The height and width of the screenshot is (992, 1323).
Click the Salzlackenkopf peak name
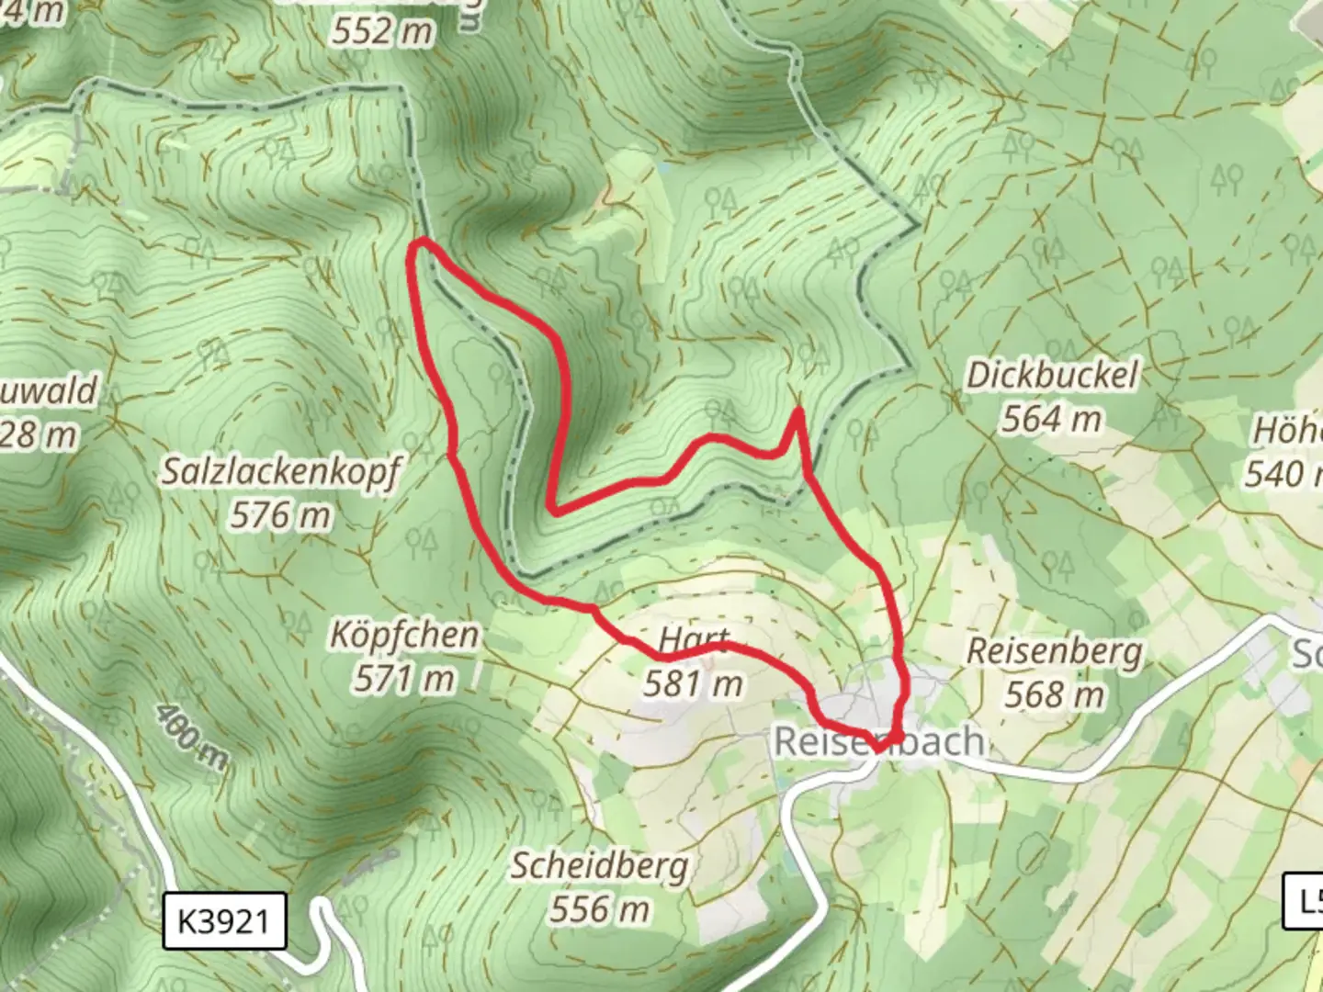pos(281,472)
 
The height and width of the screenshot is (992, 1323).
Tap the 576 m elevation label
pos(280,515)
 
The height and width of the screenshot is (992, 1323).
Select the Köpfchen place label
pos(404,635)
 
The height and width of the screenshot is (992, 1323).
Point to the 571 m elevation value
pos(404,679)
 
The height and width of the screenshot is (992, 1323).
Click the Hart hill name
pos(695,639)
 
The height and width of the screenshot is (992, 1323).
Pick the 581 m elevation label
pos(693,683)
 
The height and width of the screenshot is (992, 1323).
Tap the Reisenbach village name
pos(879,741)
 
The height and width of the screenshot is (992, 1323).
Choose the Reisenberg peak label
pos(1055,651)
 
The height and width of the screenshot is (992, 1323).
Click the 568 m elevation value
pos(1054,694)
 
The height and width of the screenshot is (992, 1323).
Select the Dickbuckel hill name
pos(1051,376)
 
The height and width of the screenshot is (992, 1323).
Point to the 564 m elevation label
pos(1051,419)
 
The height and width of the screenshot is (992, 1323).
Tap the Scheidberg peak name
pos(599,865)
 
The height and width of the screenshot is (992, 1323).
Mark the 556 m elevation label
pos(599,909)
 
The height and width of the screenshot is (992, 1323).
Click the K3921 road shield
pos(224,920)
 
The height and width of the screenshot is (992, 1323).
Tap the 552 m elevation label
pos(381,31)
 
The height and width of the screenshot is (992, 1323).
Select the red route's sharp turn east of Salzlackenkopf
pos(550,508)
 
